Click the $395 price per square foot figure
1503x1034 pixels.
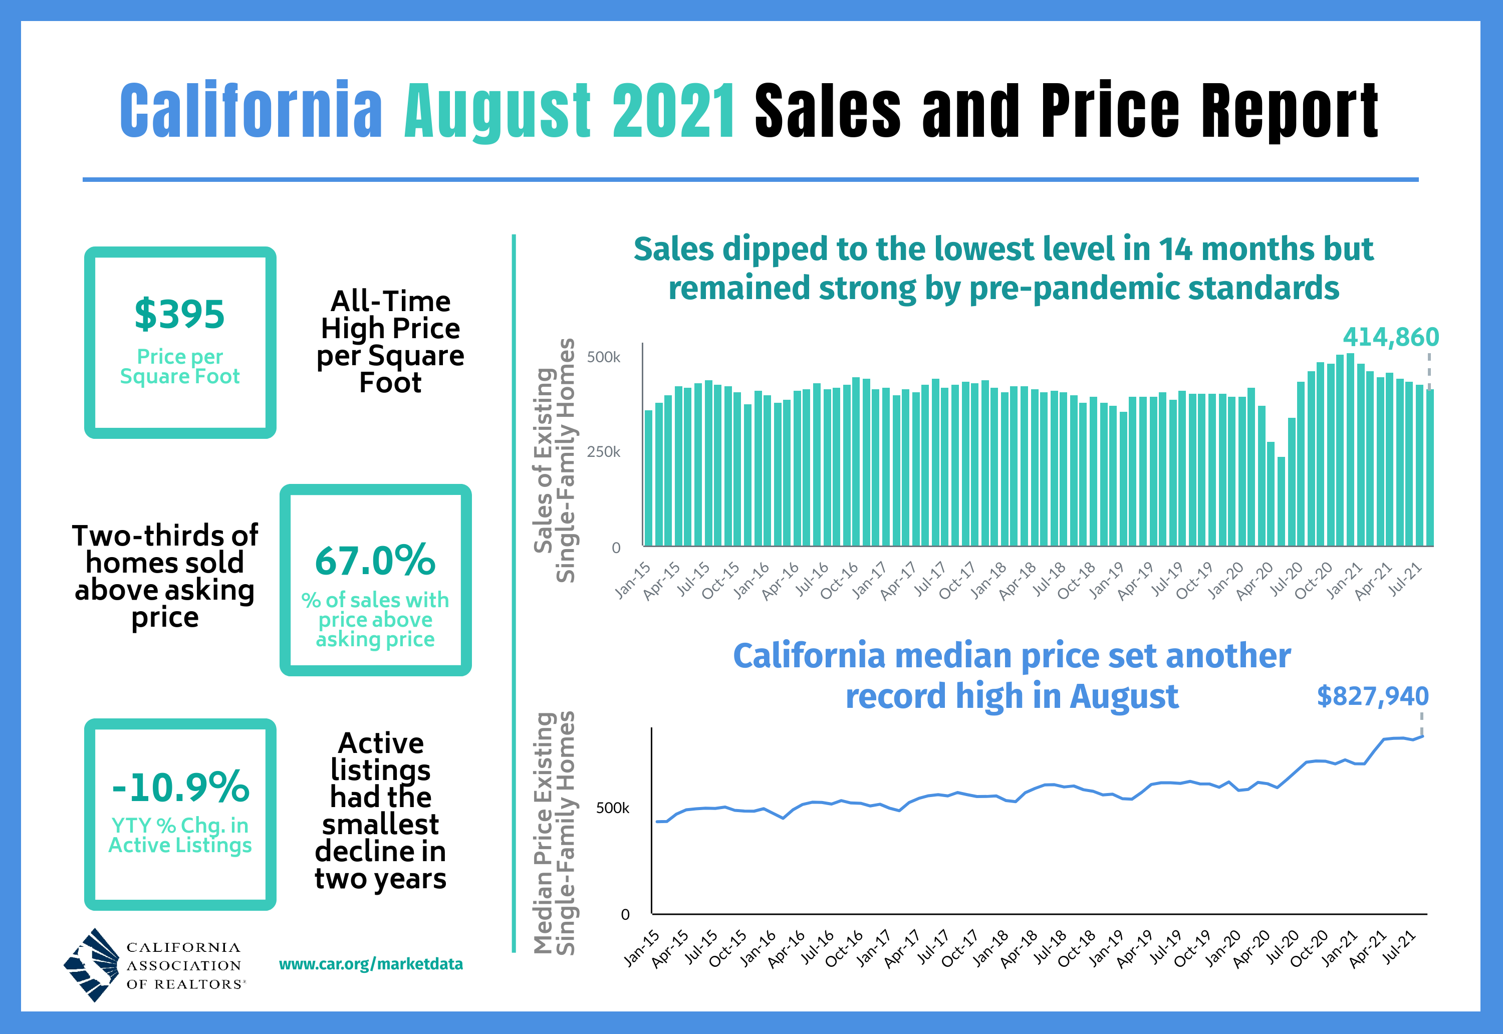pos(179,315)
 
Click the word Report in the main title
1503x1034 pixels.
pos(1289,111)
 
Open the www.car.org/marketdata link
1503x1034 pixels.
pos(371,964)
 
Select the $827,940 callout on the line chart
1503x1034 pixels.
pos(1372,696)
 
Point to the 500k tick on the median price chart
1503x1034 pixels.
pos(612,809)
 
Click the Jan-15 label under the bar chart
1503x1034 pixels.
pos(633,580)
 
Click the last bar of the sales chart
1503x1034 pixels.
pos(1429,467)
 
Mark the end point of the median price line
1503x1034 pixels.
pos(1423,736)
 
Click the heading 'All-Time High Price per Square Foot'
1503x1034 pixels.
pos(390,342)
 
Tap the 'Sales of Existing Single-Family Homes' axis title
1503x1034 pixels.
pos(555,460)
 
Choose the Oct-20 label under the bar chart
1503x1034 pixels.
pos(1314,580)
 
